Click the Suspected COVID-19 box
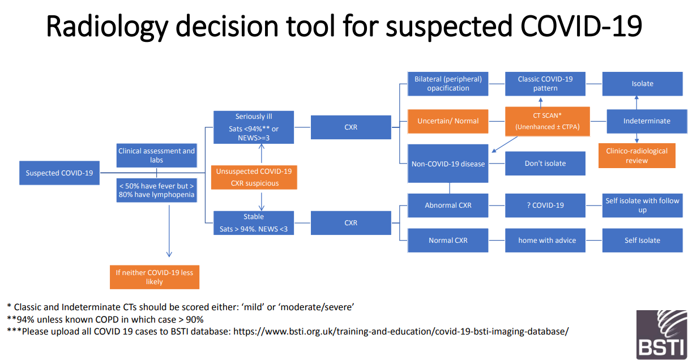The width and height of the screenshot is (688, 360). click(x=59, y=173)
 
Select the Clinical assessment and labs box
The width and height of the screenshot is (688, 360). click(x=157, y=155)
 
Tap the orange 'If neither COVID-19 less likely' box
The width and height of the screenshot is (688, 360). click(x=155, y=277)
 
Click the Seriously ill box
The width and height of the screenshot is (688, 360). click(x=254, y=127)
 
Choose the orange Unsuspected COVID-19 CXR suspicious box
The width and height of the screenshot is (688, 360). click(x=254, y=177)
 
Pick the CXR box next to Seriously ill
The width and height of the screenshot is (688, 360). click(x=351, y=127)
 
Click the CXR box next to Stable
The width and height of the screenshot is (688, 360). click(x=351, y=223)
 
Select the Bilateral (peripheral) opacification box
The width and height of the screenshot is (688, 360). click(x=448, y=84)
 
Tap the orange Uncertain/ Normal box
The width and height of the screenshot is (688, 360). click(x=448, y=121)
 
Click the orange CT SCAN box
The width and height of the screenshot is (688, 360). click(x=548, y=121)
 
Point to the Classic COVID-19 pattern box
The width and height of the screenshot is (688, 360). click(x=545, y=84)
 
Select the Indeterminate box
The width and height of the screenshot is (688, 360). click(x=647, y=121)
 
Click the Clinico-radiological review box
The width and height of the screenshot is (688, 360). click(x=636, y=156)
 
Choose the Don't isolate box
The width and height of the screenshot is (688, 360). click(x=545, y=163)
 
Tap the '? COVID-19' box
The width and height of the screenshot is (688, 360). click(x=545, y=205)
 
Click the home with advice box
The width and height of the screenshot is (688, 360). click(x=545, y=241)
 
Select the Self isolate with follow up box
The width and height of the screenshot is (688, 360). click(x=643, y=205)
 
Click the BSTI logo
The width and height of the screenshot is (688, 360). click(x=661, y=335)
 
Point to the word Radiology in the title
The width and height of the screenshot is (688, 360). click(x=107, y=27)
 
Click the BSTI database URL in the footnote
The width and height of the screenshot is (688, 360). click(x=401, y=332)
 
